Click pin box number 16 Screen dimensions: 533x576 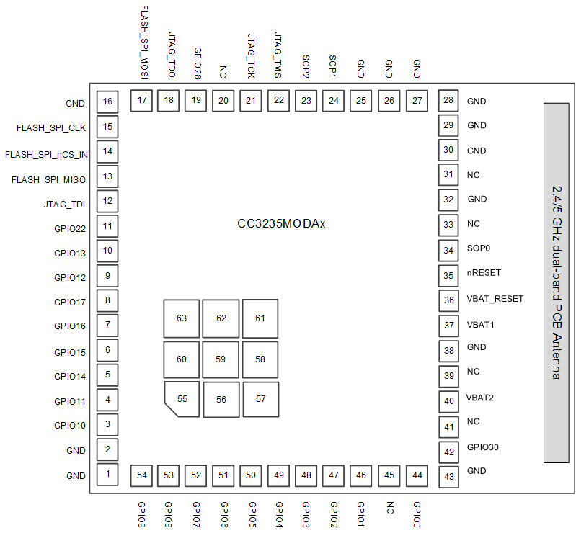tap(107, 102)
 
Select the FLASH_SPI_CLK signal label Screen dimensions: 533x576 tap(51, 128)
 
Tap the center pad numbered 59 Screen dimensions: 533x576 tap(221, 359)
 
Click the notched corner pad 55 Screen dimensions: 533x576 tap(182, 399)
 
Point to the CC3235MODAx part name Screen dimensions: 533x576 tap(282, 224)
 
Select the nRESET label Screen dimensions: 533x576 tap(484, 273)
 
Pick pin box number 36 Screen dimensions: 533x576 tap(449, 300)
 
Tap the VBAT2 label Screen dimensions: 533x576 tap(480, 398)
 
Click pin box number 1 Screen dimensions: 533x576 tap(107, 474)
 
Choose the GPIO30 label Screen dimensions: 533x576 tap(482, 447)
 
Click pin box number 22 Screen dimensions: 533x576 tap(279, 100)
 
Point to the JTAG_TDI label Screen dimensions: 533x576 tap(64, 205)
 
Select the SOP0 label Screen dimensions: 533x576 tap(479, 249)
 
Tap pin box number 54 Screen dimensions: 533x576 tap(142, 475)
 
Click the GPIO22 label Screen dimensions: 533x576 tap(70, 229)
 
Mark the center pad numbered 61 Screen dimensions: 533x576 tap(260, 318)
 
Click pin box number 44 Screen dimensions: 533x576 tap(417, 475)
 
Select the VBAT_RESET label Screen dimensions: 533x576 tap(495, 298)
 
